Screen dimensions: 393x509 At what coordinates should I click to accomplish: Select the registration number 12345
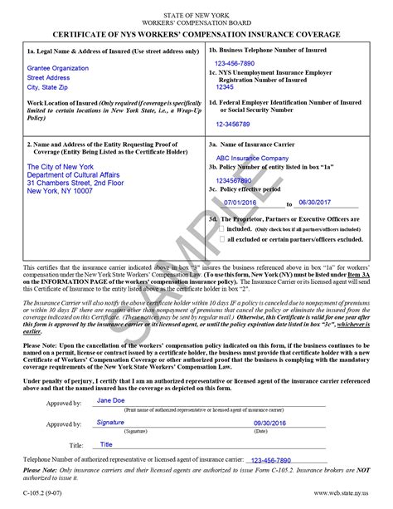tap(225, 86)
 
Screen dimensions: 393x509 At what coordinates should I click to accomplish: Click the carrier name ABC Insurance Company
tap(245, 158)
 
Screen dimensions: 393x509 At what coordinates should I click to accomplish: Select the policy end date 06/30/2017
tap(313, 202)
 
